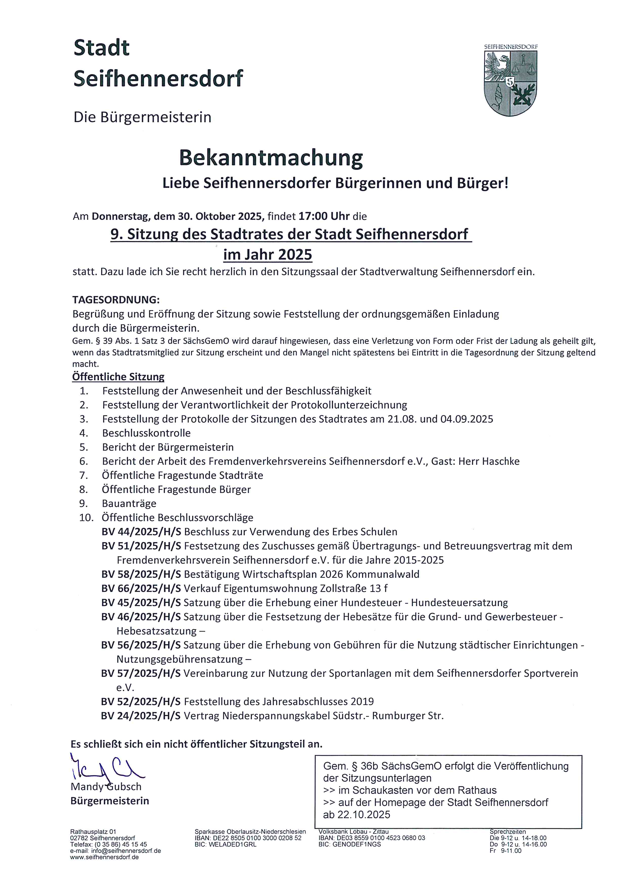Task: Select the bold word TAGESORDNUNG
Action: pyautogui.click(x=116, y=300)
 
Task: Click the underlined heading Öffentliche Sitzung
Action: pyautogui.click(x=118, y=377)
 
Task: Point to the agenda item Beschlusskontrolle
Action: pyautogui.click(x=146, y=433)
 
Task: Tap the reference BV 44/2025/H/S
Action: pyautogui.click(x=141, y=532)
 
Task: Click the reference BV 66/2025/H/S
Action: pyautogui.click(x=141, y=588)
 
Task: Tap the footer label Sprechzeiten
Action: pyautogui.click(x=507, y=832)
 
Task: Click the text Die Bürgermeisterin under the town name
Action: pyautogui.click(x=142, y=117)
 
